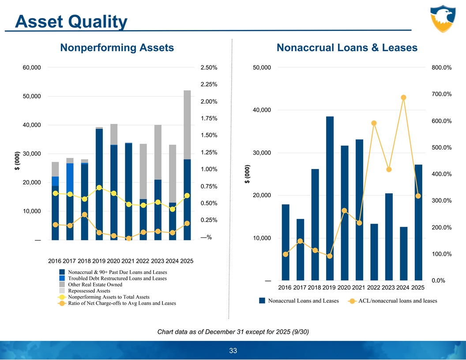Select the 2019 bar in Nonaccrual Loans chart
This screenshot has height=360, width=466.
click(330, 199)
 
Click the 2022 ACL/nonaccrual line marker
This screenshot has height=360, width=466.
click(374, 123)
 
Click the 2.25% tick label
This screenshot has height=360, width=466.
click(208, 84)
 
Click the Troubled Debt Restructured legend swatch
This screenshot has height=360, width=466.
click(62, 278)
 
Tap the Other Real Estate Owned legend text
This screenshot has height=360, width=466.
click(95, 285)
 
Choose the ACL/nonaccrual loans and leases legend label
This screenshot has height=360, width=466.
click(398, 301)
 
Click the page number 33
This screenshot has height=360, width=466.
click(233, 351)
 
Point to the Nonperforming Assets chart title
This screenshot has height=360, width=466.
click(117, 48)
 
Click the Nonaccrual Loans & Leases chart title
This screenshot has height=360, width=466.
click(347, 48)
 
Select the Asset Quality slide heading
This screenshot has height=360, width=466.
click(71, 21)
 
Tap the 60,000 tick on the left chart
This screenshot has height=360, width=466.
click(32, 68)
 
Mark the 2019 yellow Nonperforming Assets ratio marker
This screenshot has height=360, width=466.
click(99, 188)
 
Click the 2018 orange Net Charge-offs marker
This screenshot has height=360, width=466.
click(84, 215)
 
